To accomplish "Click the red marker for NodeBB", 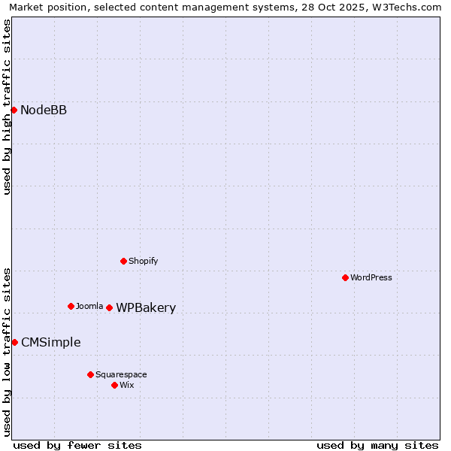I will click(14, 110).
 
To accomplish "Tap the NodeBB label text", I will click(44, 110).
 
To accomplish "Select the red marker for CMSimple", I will click(14, 342).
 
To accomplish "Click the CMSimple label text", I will click(50, 343).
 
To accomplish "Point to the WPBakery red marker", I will click(109, 307).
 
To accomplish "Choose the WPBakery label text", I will click(146, 308).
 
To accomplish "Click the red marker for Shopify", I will click(123, 261).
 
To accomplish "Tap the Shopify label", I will click(143, 262).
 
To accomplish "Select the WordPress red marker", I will click(345, 277).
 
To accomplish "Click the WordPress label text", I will click(371, 278).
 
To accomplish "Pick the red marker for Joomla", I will click(71, 306).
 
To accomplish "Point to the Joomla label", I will click(89, 307).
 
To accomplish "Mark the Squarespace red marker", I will click(90, 374).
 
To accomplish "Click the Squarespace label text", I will click(121, 375).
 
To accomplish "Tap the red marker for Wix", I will click(114, 385).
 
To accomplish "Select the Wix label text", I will click(127, 386).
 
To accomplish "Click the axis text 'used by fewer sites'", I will click(77, 445).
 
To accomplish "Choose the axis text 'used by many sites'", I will click(377, 445).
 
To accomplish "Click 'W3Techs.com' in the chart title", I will click(405, 7).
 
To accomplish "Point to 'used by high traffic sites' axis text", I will click(7, 107).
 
